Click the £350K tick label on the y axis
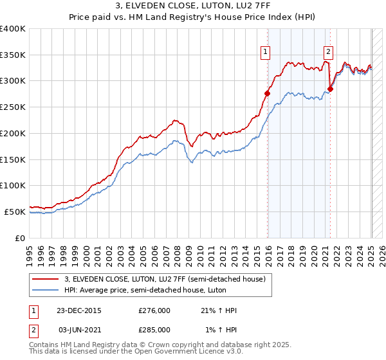click(13, 55)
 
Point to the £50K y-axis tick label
click(14, 212)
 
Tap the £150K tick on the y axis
click(13, 159)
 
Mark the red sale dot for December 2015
click(267, 93)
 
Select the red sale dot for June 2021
click(329, 89)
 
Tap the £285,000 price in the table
click(154, 329)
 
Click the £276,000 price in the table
click(154, 310)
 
